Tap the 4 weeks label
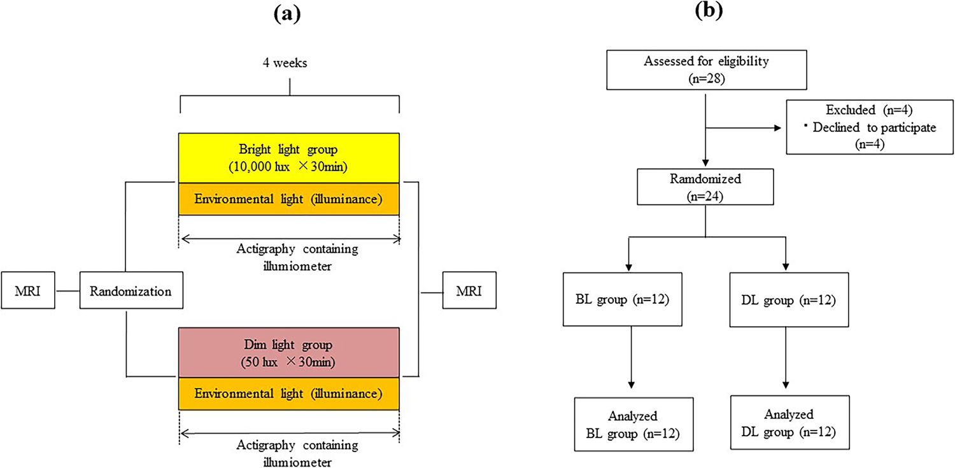click(290, 64)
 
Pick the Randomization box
click(131, 291)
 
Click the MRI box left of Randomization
click(28, 291)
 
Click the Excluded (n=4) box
click(870, 127)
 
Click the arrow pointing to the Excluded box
click(745, 128)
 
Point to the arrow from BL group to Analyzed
click(632, 357)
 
